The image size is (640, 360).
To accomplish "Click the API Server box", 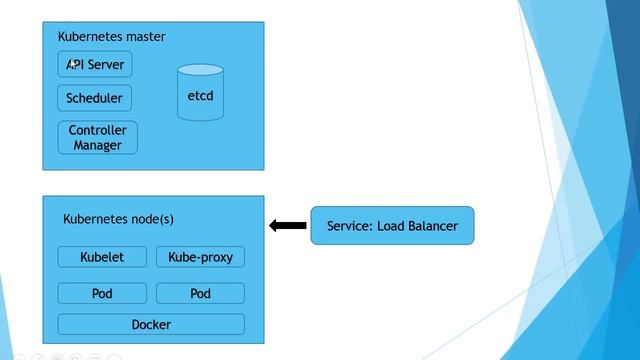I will click(95, 65).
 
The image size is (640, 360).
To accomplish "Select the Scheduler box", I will click(95, 98).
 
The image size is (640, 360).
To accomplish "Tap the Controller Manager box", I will click(97, 138).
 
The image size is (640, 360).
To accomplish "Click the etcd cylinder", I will click(200, 95).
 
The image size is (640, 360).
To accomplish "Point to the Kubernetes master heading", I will click(111, 37).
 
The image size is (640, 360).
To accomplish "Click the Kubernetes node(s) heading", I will click(118, 219).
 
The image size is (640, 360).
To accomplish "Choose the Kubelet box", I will click(102, 257).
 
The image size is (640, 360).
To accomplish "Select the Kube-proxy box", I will click(200, 257).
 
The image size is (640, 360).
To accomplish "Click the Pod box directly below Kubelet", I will click(102, 294).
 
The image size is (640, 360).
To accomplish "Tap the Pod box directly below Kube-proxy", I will click(200, 294).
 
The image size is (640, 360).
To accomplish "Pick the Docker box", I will click(151, 324).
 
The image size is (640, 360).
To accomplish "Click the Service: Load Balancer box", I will click(392, 226).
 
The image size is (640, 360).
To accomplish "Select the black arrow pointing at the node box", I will click(288, 226).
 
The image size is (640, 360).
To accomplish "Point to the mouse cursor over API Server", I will click(72, 63).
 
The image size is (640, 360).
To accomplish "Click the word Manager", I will click(97, 146).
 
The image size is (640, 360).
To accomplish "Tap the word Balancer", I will click(430, 226).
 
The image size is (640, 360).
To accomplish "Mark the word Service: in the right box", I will click(349, 226).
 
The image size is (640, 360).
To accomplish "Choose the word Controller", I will click(97, 130).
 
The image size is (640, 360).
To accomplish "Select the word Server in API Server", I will click(107, 65).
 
